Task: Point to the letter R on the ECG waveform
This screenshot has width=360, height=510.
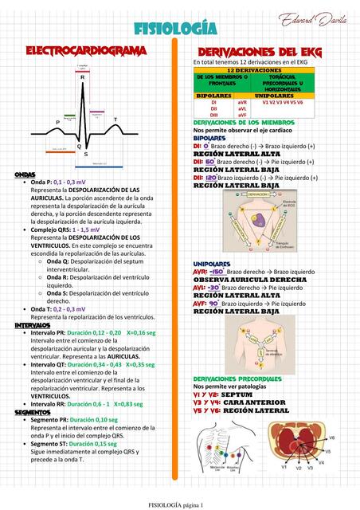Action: [82, 78]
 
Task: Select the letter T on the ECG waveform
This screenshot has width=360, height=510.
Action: [115, 120]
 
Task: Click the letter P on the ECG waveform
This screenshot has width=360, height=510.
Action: [57, 122]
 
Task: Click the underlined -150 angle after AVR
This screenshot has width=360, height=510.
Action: [217, 272]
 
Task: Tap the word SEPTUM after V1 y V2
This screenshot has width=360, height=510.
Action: [237, 394]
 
